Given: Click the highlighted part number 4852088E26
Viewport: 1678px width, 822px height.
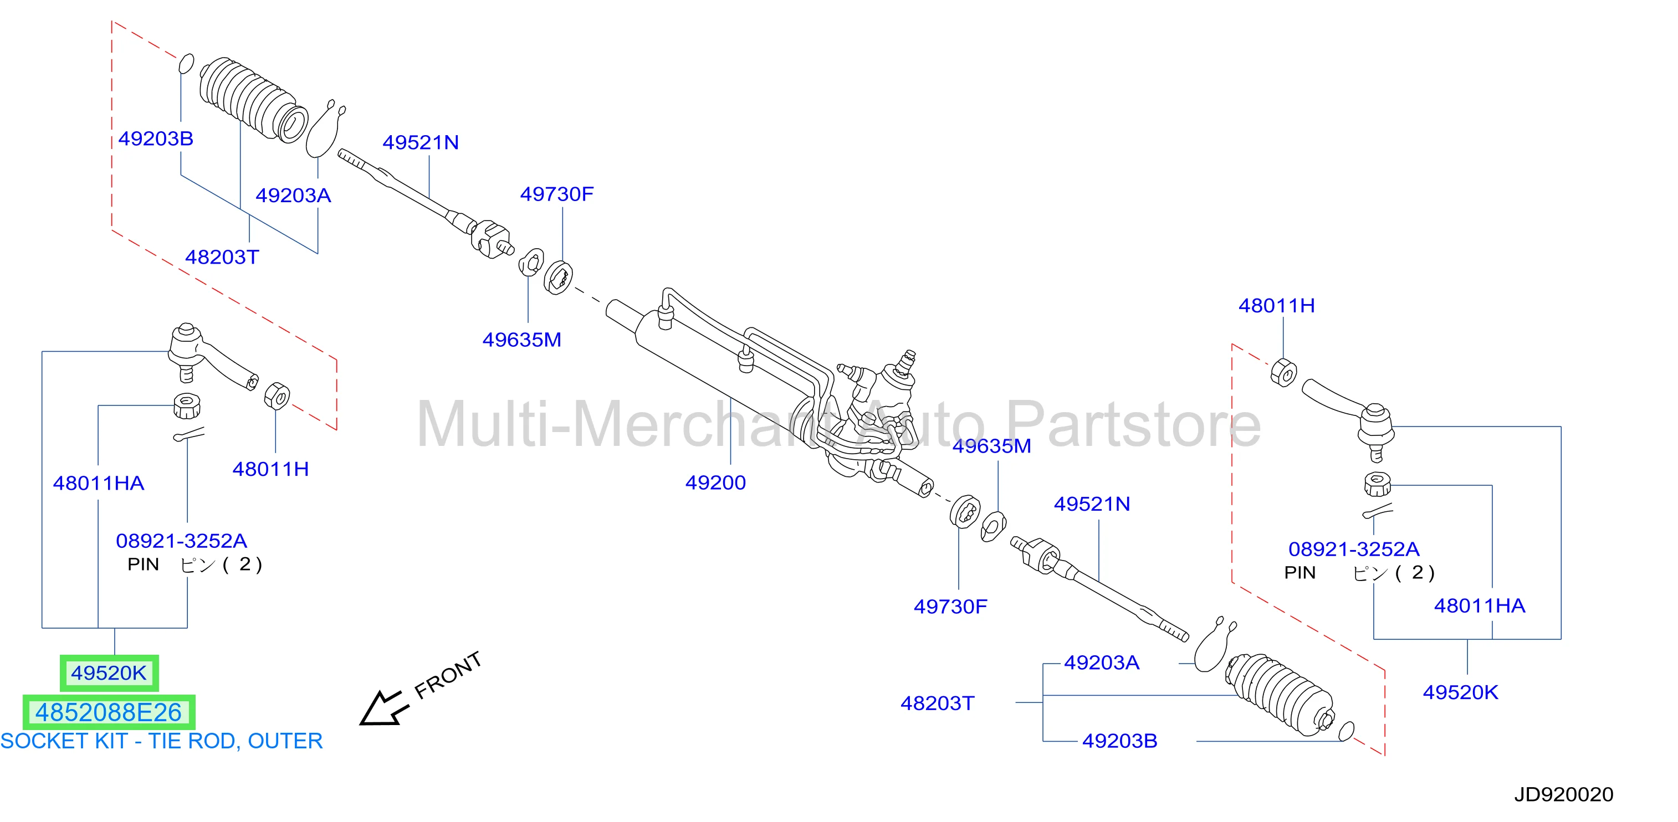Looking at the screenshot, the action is (109, 712).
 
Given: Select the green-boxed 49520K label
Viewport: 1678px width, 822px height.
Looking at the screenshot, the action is (109, 673).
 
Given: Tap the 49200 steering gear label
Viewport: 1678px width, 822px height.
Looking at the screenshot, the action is (715, 482).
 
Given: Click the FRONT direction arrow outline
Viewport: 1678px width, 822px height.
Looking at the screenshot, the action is (385, 708).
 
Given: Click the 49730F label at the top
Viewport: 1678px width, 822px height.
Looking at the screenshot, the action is (557, 194).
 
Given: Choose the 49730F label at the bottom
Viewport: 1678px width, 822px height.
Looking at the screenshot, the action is (950, 607).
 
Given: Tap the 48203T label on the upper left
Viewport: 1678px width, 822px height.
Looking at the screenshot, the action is (222, 257).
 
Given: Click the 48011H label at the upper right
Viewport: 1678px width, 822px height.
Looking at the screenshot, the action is (1277, 306).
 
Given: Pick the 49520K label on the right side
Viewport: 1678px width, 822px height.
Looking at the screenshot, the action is (1460, 692).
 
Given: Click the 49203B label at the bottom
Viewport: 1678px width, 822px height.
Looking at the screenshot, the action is (1120, 741).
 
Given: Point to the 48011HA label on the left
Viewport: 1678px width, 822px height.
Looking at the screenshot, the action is (98, 484).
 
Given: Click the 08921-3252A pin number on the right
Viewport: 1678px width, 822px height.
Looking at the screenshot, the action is (1354, 549).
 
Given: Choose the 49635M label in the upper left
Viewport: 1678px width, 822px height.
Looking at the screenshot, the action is (522, 340).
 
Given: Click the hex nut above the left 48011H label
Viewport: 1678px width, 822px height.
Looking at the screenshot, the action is (277, 395).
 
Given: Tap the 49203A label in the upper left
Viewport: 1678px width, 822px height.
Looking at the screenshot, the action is (293, 196).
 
